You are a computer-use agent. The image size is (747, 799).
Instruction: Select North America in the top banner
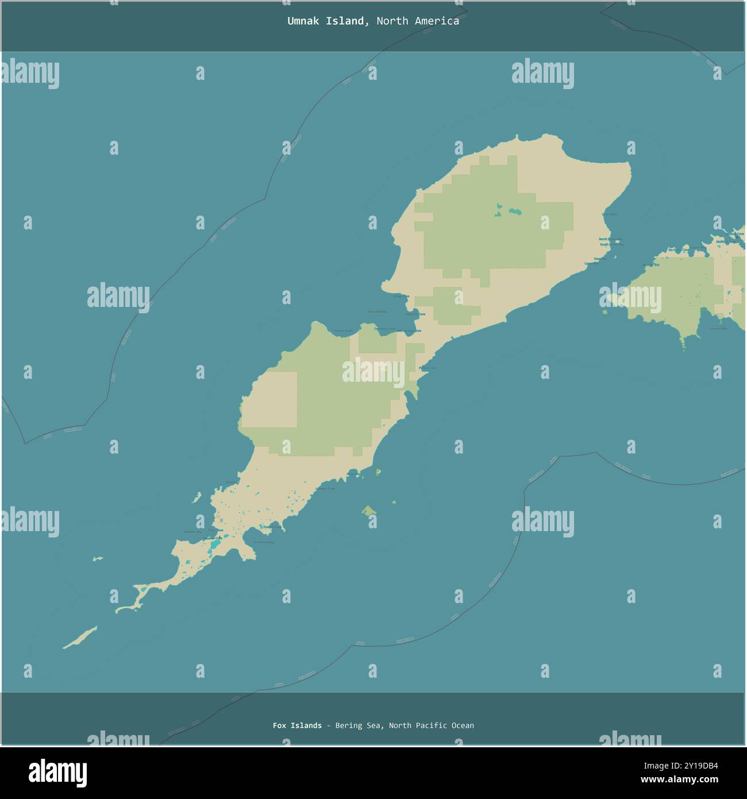click(418, 21)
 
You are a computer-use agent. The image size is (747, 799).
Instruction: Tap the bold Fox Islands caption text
click(297, 725)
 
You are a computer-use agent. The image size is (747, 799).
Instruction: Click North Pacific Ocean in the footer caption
click(431, 725)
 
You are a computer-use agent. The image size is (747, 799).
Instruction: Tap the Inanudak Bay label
click(377, 312)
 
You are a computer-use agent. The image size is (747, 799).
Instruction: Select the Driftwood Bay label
click(264, 542)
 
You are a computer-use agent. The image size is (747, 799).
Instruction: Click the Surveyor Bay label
click(718, 329)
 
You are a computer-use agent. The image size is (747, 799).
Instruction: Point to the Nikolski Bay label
click(192, 532)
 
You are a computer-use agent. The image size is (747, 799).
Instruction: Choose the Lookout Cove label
click(325, 489)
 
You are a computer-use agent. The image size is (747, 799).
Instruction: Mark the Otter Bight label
click(610, 214)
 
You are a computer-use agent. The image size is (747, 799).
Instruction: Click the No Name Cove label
click(681, 250)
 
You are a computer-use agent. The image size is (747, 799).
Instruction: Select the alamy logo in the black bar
click(57, 773)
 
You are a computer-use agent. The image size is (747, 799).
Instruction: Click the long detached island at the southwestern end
click(80, 637)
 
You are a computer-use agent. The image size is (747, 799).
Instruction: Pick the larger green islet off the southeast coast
click(369, 510)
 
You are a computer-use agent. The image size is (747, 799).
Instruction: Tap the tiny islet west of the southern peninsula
click(98, 558)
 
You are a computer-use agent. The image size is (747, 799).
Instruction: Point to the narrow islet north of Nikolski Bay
click(197, 497)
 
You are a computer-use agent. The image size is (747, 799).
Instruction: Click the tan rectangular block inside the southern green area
click(269, 399)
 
